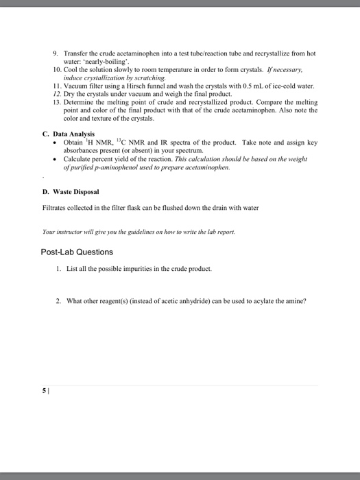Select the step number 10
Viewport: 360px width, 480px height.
56,70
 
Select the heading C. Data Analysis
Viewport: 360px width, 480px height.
68,134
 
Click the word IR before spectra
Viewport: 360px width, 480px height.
169,142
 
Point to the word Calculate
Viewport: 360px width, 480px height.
81,158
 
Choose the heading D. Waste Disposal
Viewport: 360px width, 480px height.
71,191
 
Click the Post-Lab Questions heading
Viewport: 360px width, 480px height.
77,252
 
